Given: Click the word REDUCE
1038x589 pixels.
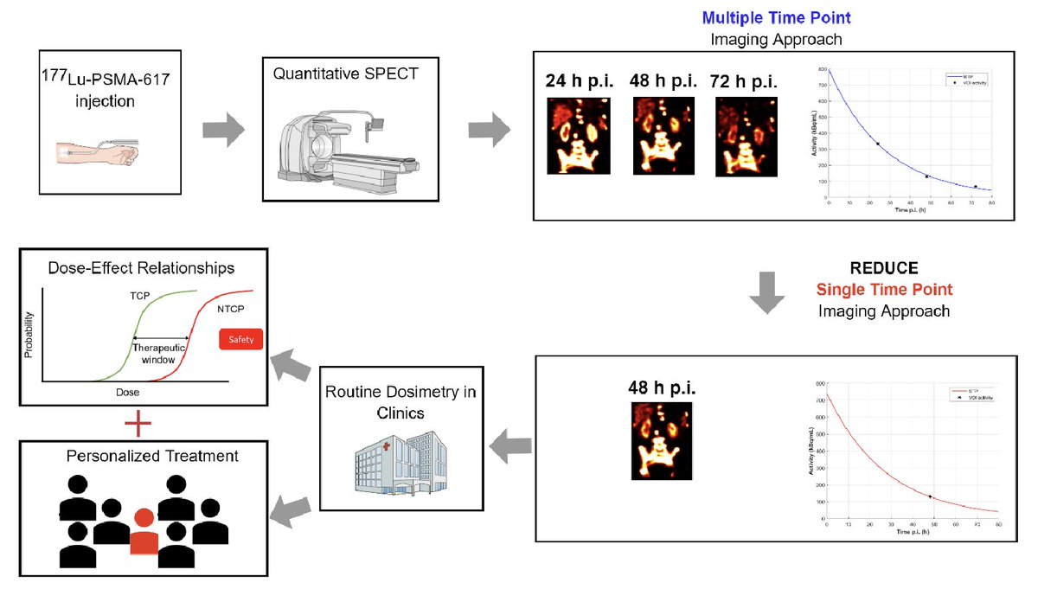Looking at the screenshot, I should [x=883, y=268].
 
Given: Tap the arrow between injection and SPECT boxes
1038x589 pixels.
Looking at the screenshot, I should [x=221, y=130].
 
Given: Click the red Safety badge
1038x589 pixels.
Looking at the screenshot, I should [x=241, y=340].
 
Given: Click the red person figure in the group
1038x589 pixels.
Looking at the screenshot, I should [x=144, y=530].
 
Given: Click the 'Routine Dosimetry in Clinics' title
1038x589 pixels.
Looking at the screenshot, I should [x=400, y=402].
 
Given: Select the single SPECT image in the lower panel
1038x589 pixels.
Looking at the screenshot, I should [x=661, y=442].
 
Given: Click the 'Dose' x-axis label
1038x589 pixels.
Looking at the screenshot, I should [x=128, y=392].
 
